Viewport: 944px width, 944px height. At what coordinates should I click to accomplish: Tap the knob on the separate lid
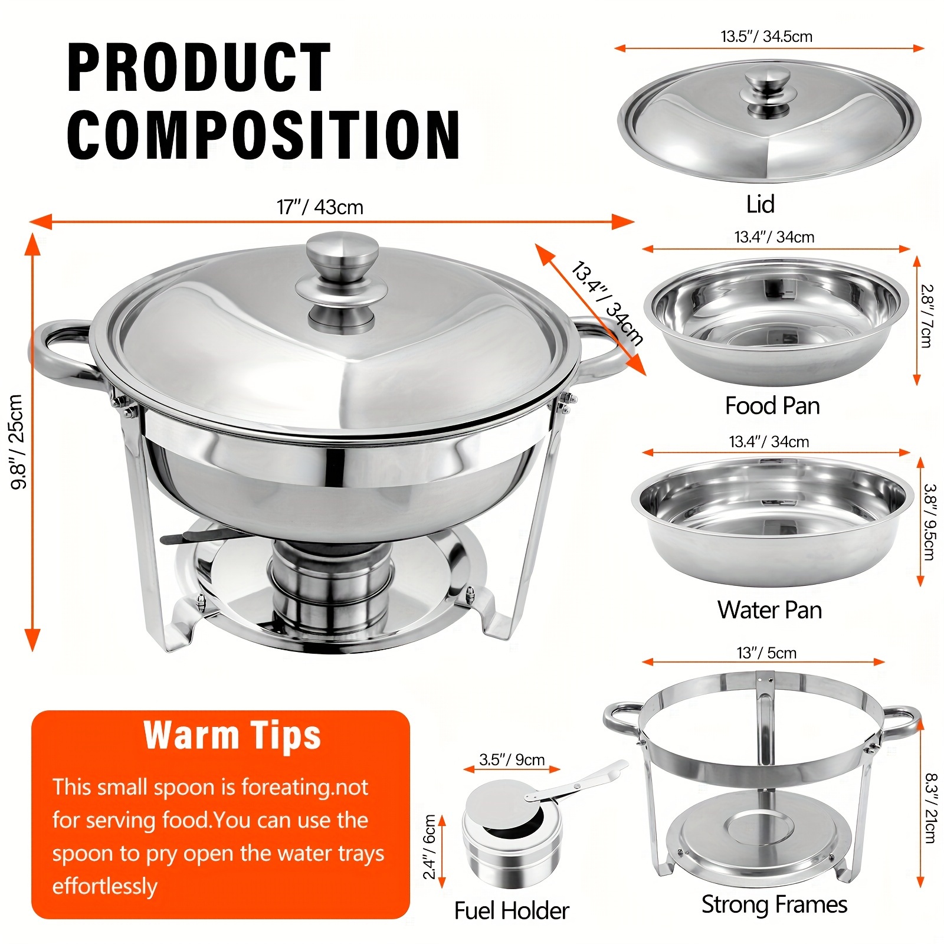(767, 92)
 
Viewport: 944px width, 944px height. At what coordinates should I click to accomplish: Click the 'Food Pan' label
(772, 406)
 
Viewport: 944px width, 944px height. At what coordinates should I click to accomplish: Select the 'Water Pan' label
(769, 609)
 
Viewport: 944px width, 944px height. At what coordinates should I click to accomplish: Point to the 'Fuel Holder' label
(512, 910)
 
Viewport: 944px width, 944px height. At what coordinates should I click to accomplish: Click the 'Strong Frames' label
(774, 904)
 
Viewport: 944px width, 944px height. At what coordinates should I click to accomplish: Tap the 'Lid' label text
(760, 204)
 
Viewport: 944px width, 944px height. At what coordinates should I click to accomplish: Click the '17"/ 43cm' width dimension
(320, 207)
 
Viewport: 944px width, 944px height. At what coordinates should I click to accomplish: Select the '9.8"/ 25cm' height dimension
(18, 442)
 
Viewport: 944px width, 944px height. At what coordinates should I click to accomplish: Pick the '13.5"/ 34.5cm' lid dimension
(766, 37)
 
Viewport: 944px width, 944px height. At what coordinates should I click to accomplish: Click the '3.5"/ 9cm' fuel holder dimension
(512, 759)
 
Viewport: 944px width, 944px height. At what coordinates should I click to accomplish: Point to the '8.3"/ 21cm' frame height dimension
(930, 808)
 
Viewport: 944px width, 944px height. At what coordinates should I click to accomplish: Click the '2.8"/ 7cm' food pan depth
(927, 316)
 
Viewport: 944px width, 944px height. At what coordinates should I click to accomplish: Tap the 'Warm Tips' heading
(232, 735)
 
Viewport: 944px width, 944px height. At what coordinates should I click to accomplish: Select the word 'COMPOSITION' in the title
(263, 134)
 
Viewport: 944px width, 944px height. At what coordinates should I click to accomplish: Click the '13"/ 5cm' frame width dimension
(766, 653)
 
